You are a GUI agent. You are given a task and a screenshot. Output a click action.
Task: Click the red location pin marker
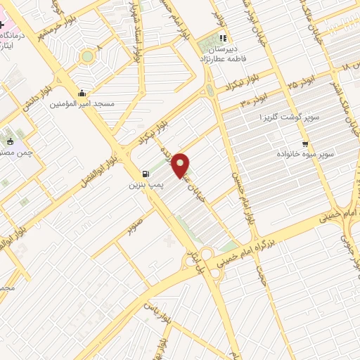point(181,165)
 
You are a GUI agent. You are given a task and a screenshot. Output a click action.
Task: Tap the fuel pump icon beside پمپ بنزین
point(146,174)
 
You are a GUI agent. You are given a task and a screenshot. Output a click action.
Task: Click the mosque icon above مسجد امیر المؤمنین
point(82,93)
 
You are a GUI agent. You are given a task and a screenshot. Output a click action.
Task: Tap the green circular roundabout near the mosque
point(87,56)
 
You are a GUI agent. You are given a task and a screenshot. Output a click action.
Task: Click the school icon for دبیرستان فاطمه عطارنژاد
point(223,38)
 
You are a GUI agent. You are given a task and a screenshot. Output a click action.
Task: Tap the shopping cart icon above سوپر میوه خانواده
point(304,144)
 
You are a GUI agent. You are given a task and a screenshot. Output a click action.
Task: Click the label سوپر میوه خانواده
point(304,154)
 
